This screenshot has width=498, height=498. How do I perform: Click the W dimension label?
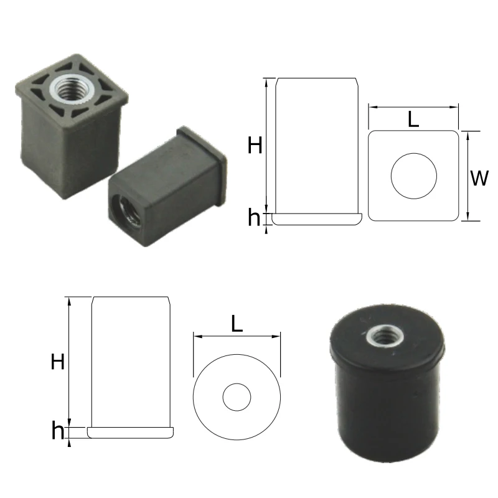(x=479, y=179)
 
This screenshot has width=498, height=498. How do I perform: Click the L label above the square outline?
(x=413, y=119)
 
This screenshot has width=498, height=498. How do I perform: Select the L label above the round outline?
(x=237, y=324)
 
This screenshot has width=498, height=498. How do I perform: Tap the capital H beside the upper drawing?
(x=255, y=146)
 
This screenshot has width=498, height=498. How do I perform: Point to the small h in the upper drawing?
(x=253, y=218)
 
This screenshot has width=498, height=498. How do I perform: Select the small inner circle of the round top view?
(x=237, y=397)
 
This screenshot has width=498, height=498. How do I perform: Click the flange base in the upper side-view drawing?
(x=317, y=218)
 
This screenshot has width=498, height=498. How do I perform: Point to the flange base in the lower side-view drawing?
(x=131, y=432)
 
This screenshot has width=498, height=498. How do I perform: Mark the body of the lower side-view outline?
(x=131, y=361)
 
